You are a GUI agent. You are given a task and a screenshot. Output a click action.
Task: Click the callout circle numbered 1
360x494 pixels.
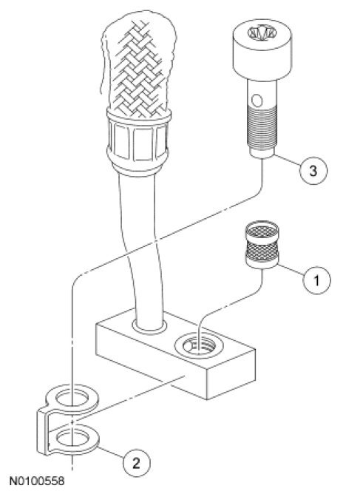317,280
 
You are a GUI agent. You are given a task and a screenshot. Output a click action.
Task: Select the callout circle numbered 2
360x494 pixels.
136,463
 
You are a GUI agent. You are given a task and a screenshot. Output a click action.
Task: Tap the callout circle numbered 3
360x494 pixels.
313,170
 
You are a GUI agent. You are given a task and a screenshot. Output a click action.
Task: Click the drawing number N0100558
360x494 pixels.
37,481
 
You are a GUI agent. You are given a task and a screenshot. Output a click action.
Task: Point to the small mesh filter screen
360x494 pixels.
262,245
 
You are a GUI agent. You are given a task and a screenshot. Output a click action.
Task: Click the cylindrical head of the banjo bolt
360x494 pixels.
262,50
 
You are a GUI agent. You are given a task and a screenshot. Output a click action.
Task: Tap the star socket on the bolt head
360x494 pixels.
262,33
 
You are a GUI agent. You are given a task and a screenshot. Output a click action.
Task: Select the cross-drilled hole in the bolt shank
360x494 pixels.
257,101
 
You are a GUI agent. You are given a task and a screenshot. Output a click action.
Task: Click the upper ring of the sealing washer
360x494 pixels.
72,397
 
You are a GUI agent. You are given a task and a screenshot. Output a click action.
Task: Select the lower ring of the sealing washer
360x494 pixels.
73,439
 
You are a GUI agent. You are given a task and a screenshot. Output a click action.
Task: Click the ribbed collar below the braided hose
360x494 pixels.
139,141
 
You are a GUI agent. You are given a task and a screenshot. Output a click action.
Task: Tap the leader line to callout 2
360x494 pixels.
111,453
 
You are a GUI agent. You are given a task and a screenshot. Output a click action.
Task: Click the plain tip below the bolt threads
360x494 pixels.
262,153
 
